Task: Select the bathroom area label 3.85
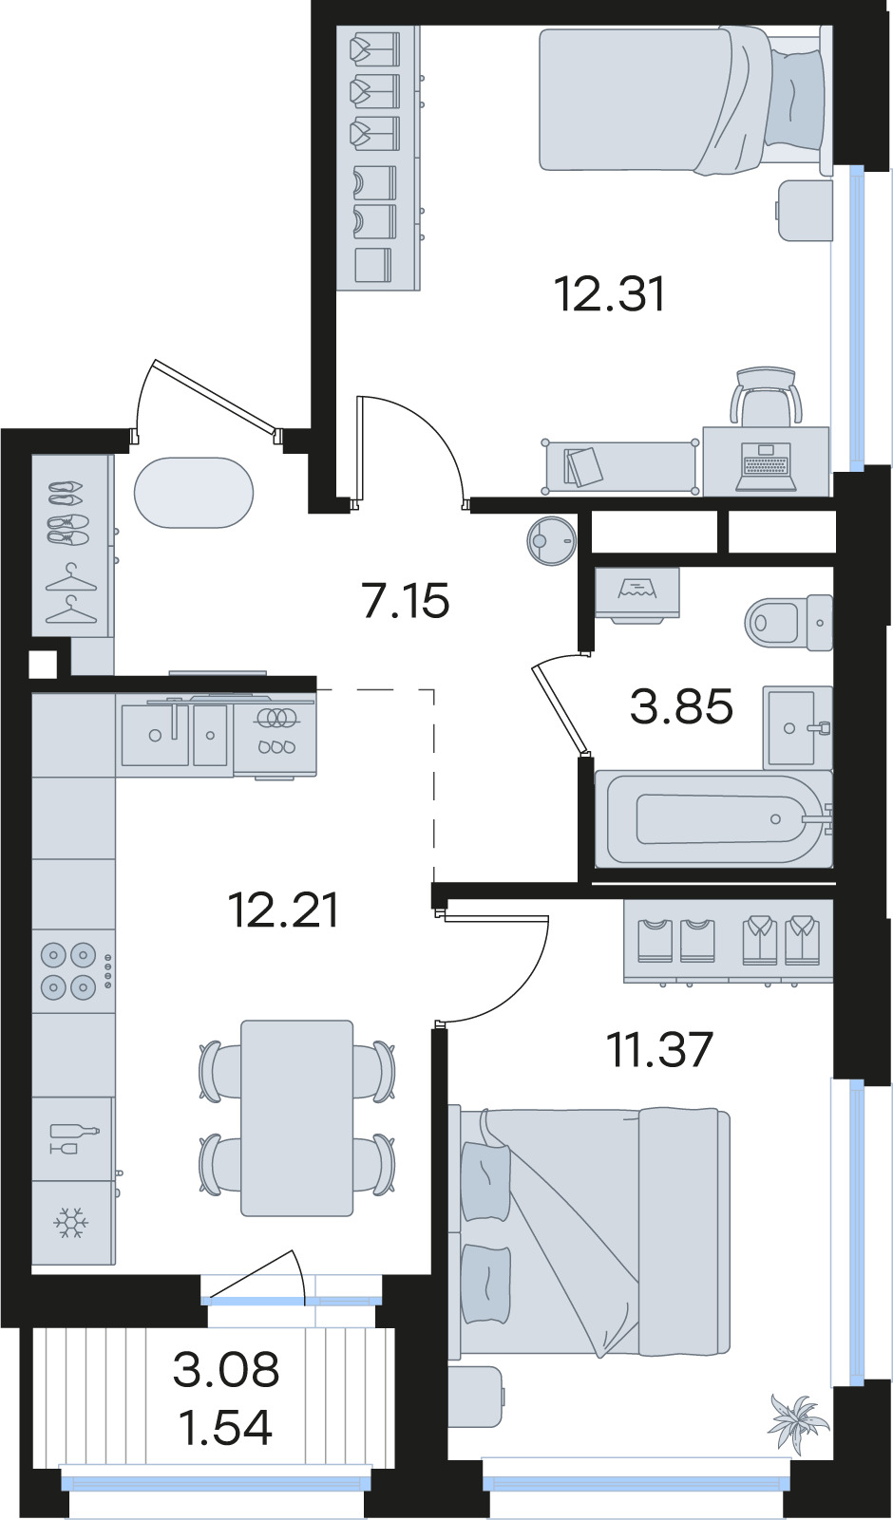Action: coord(681,705)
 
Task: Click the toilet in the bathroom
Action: coord(788,622)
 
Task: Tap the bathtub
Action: coord(713,818)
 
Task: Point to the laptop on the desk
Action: coord(766,467)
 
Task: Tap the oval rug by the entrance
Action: coord(194,493)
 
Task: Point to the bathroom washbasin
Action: coord(797,727)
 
